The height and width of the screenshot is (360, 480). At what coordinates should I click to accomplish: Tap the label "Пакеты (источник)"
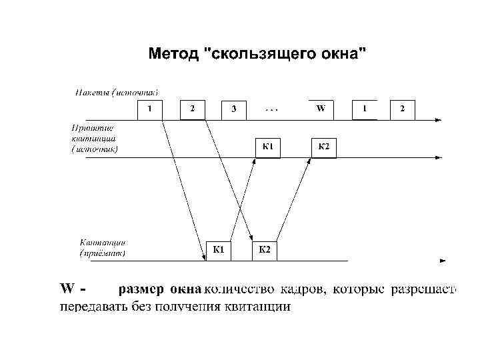pyautogui.click(x=116, y=92)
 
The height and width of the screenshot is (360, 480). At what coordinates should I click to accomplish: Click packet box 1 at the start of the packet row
pyautogui.click(x=150, y=110)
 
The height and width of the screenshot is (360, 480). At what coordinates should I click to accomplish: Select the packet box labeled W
pyautogui.click(x=321, y=110)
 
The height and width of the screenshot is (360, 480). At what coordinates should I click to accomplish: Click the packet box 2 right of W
pyautogui.click(x=402, y=110)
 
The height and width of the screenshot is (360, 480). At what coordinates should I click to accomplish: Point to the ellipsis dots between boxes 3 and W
pyautogui.click(x=273, y=107)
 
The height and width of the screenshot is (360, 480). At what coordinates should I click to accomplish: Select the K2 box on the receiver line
pyautogui.click(x=264, y=251)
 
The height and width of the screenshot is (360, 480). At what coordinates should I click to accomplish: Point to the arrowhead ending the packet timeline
pyautogui.click(x=437, y=120)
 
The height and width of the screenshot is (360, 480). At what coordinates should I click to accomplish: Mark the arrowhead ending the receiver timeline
pyautogui.click(x=443, y=260)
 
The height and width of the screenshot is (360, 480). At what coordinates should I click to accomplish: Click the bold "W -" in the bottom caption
pyautogui.click(x=73, y=290)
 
